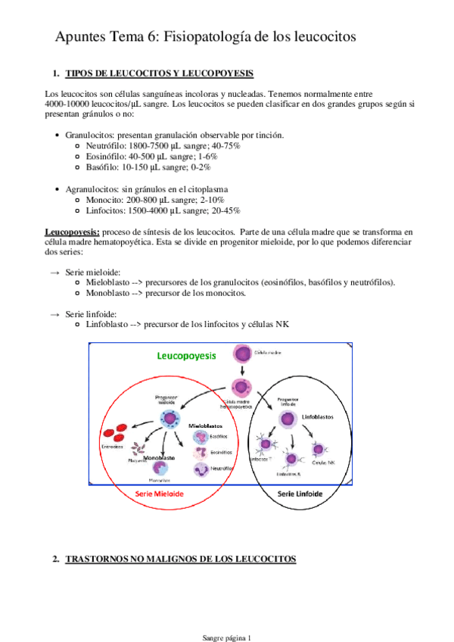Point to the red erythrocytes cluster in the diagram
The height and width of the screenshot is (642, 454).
(x=114, y=434)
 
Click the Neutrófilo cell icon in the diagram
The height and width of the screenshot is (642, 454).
(x=201, y=469)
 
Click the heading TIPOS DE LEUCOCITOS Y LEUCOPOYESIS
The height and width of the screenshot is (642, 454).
(x=160, y=73)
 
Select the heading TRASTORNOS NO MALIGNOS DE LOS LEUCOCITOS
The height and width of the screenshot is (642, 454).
(x=181, y=559)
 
